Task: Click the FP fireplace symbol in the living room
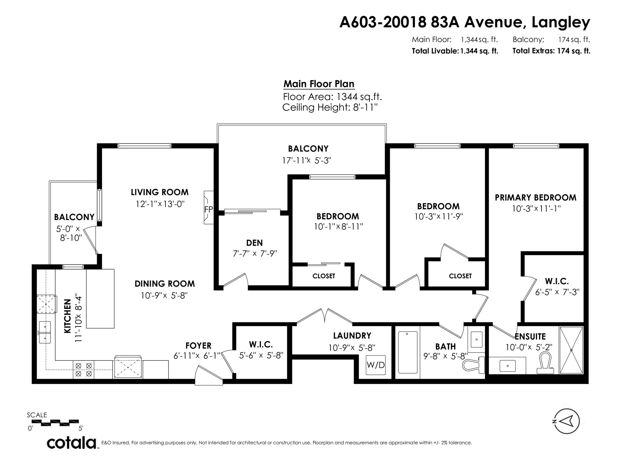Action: click(209, 208)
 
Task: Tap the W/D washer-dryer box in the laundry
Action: click(376, 365)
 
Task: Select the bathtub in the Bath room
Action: click(408, 352)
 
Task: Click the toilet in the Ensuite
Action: click(545, 364)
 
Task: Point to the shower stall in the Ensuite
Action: click(571, 350)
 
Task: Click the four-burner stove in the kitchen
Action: click(83, 370)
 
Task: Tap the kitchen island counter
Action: click(100, 298)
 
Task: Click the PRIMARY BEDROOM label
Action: click(535, 198)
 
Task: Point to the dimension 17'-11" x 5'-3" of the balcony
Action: click(307, 161)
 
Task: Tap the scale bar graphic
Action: click(55, 423)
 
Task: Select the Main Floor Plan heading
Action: click(319, 84)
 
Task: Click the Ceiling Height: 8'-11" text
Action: click(330, 107)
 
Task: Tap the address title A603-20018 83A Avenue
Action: click(464, 22)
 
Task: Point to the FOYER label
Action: click(198, 346)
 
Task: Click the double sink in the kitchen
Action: click(45, 332)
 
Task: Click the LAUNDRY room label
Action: click(352, 335)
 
